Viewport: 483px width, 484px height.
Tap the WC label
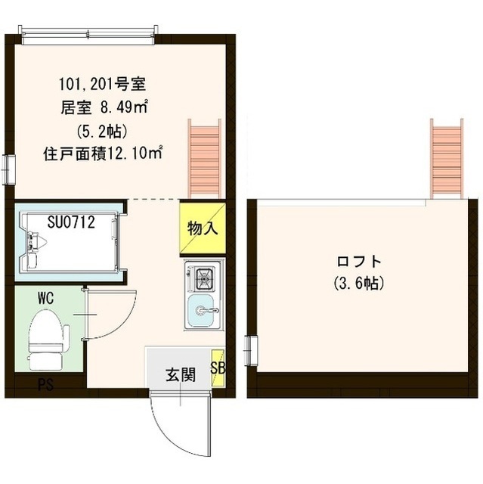[x=45, y=299]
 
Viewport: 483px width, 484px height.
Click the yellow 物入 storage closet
[x=202, y=227]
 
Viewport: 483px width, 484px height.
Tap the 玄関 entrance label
[x=181, y=374]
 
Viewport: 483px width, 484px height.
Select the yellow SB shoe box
[x=218, y=368]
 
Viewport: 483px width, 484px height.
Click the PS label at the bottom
[x=46, y=384]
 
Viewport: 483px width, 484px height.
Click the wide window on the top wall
[x=89, y=31]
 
